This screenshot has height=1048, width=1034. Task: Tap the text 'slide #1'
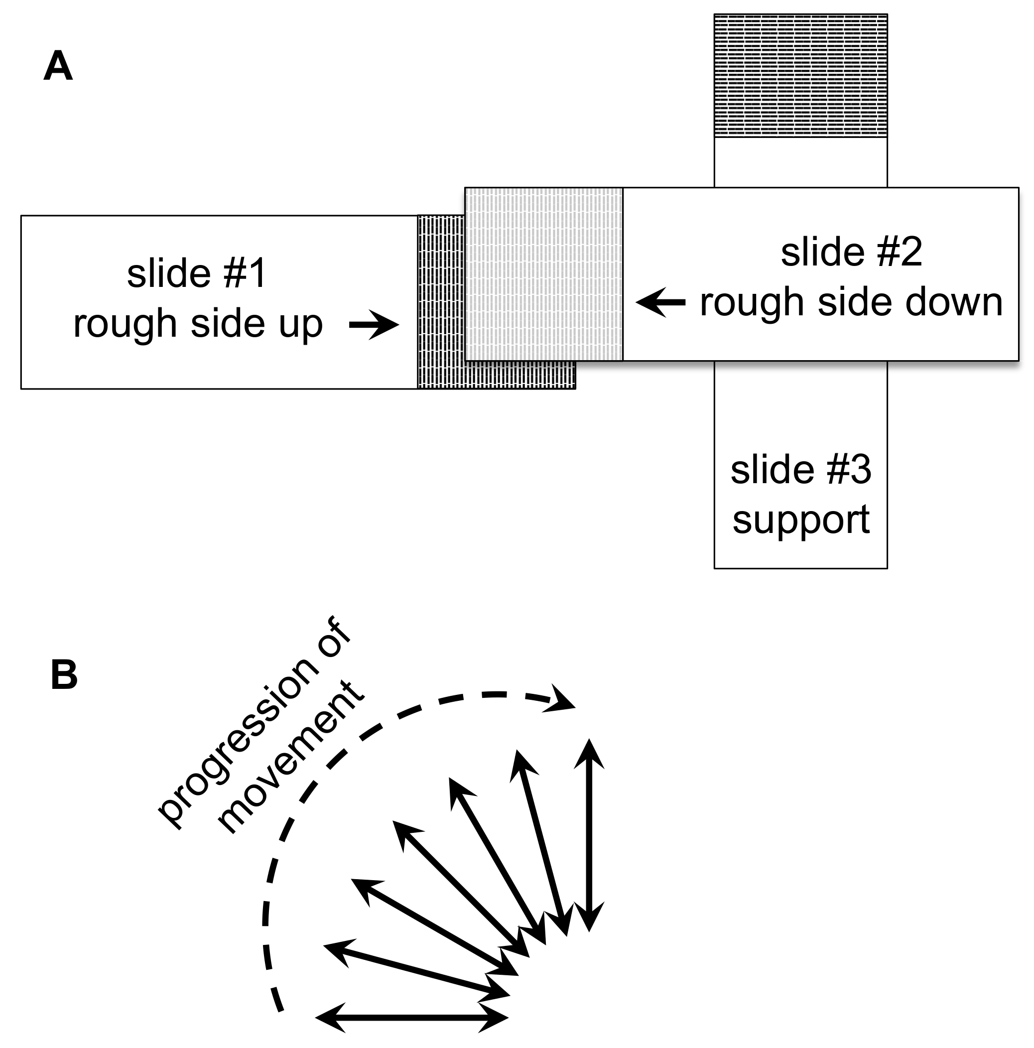coord(196,273)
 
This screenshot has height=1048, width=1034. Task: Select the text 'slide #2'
coord(851,252)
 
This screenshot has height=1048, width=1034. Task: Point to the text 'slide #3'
coord(800,470)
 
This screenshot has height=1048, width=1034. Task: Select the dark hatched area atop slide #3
coord(800,75)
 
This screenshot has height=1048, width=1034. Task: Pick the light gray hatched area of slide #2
coord(543,274)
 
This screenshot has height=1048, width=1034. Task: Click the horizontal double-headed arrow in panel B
coord(411,1018)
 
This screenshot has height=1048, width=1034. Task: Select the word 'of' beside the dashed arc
coord(334,640)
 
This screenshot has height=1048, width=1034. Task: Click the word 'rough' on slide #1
coord(126,324)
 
